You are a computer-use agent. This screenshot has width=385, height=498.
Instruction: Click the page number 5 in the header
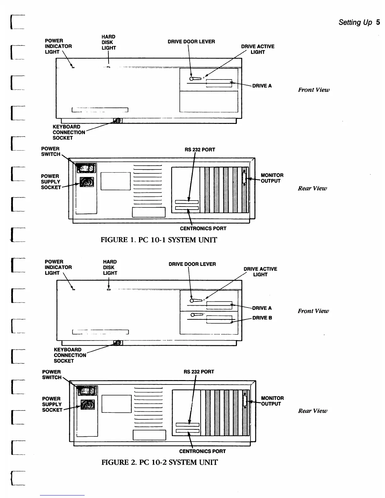click(378, 22)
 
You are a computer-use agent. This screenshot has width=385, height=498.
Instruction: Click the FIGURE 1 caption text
click(159, 240)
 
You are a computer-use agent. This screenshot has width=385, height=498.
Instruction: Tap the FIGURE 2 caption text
click(159, 462)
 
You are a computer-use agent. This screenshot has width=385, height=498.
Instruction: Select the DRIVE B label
click(262, 318)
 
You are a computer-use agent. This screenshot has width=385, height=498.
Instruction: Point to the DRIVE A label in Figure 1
click(262, 86)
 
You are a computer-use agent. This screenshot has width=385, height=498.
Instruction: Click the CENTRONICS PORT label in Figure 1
click(203, 229)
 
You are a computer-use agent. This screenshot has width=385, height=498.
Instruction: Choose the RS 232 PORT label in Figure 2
click(198, 372)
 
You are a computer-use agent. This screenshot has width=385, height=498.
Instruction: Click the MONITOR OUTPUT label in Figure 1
click(272, 178)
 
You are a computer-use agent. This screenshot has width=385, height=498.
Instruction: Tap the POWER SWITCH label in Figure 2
click(52, 374)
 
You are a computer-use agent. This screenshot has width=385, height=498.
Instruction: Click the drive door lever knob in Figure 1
click(191, 79)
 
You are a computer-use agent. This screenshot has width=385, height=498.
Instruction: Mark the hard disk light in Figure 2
click(109, 290)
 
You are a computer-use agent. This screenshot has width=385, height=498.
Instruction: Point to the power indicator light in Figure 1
click(73, 67)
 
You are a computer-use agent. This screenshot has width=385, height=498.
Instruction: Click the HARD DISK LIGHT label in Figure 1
click(109, 42)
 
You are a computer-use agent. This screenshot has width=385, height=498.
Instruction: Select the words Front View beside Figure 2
click(313, 311)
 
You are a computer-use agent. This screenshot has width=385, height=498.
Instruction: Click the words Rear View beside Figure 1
click(312, 188)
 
